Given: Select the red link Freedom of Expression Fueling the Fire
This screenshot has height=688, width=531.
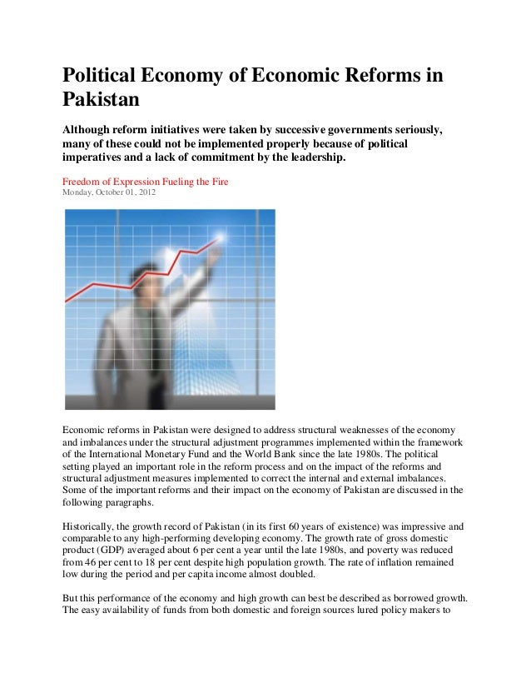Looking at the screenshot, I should tap(146, 181).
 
